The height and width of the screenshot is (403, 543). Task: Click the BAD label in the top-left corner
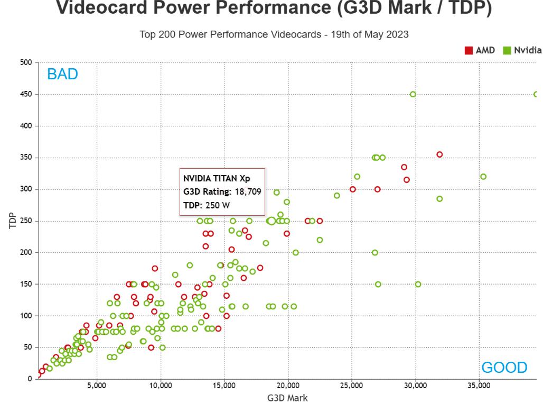(x=62, y=74)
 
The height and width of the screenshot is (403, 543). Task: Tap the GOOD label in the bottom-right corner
(x=504, y=368)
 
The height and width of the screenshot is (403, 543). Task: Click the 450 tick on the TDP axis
(x=26, y=95)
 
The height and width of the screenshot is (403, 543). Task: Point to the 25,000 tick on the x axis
(x=352, y=386)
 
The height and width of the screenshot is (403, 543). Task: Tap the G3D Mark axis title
(x=287, y=398)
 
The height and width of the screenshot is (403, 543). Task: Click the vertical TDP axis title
(x=13, y=221)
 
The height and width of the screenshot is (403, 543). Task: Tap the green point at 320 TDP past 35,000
(x=483, y=177)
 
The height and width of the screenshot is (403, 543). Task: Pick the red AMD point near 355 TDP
(x=439, y=155)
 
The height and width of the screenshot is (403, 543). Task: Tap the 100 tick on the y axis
(x=26, y=316)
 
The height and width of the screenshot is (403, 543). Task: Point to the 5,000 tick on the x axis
(x=97, y=386)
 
